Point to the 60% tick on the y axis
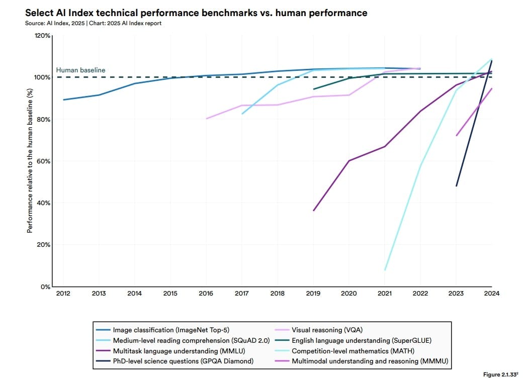click(43, 161)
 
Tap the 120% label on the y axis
click(42, 36)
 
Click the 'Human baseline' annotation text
click(80, 70)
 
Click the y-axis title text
click(30, 161)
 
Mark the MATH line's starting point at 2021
click(385, 270)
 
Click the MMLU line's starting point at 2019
click(313, 211)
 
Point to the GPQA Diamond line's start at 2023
click(456, 186)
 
